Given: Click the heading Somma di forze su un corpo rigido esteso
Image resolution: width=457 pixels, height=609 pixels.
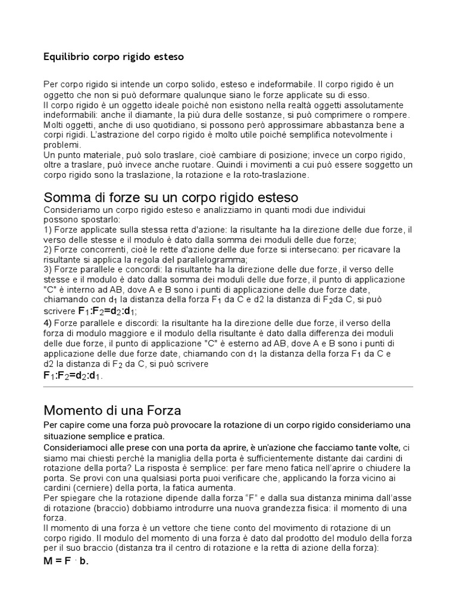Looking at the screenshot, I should [171, 197].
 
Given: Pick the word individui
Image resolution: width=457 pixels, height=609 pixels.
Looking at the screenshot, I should [344, 209].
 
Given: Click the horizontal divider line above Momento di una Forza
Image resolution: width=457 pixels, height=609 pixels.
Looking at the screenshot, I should [228, 387].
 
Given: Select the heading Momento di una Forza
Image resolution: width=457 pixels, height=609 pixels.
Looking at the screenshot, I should [112, 410].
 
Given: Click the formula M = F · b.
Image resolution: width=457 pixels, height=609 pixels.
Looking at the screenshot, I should [65, 561].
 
